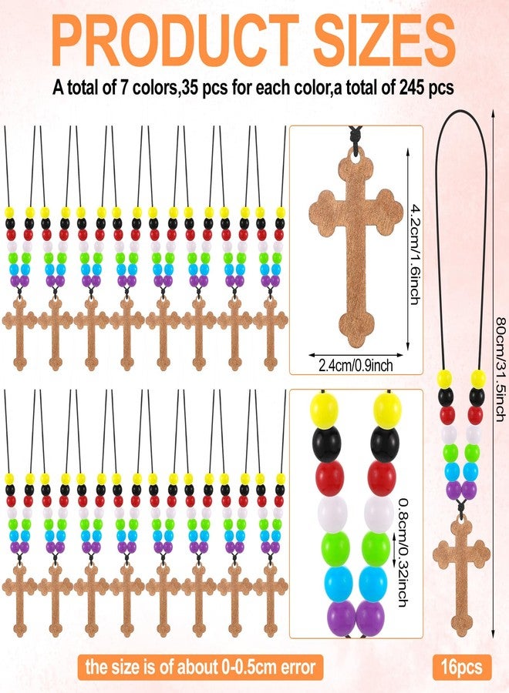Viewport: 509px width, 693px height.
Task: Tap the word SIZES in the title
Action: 385,39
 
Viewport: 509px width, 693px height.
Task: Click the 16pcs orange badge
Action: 462,667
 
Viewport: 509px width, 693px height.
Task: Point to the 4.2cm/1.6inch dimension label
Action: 415,254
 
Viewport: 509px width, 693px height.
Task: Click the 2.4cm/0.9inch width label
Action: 356,366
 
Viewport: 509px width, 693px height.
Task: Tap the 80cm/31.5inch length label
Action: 500,369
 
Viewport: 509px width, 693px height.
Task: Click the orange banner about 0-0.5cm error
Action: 201,667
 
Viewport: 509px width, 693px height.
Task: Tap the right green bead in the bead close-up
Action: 376,548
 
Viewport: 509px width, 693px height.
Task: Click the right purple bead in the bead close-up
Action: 370,618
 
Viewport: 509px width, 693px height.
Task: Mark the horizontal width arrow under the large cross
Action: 356,354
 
